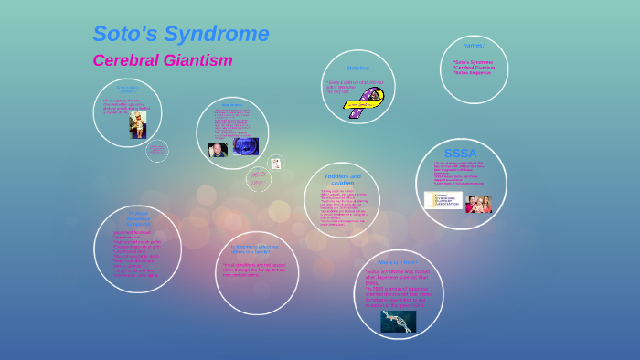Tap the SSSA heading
click(x=460, y=153)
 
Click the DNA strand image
click(x=398, y=321)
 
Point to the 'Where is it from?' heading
click(x=397, y=263)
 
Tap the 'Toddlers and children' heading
click(x=343, y=179)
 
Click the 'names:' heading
click(x=474, y=45)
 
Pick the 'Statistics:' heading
click(x=357, y=68)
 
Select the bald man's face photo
click(x=218, y=148)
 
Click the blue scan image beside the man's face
click(x=245, y=146)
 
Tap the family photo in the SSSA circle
click(x=478, y=203)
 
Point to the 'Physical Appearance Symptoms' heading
click(x=138, y=218)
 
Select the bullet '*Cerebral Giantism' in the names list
click(x=474, y=67)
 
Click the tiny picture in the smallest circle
click(x=275, y=164)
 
